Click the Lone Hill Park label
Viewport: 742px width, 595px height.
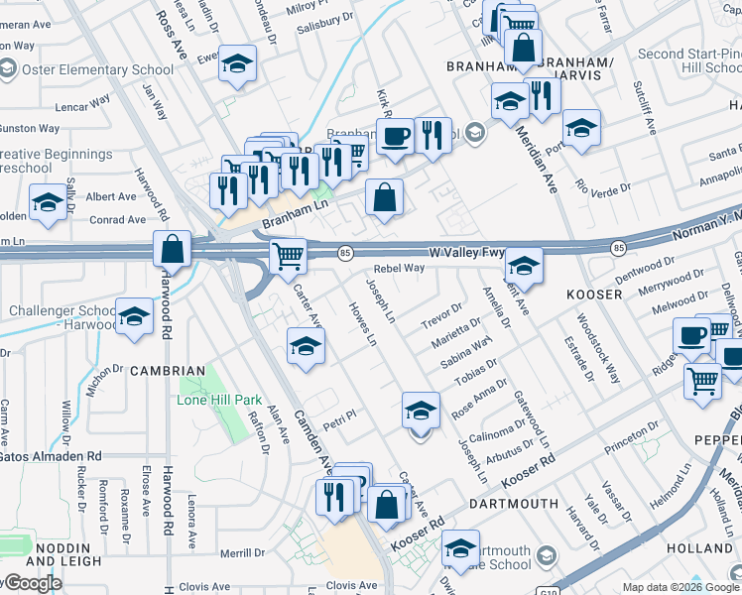point(218,401)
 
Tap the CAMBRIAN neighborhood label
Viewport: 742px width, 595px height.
point(168,371)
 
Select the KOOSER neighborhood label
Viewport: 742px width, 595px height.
point(593,296)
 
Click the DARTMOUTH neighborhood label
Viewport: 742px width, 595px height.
point(513,505)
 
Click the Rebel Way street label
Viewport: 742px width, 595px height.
point(399,269)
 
